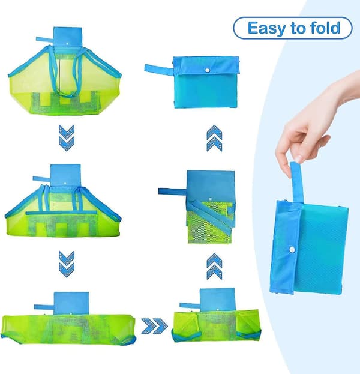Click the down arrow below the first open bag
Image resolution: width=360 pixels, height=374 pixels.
tap(67, 138)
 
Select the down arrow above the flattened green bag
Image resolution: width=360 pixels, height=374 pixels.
tap(67, 264)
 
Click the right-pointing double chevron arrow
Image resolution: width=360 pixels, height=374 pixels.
tap(154, 326)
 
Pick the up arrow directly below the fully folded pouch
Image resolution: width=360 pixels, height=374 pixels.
tap(214, 138)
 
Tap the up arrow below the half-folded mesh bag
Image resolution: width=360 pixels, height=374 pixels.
tap(214, 266)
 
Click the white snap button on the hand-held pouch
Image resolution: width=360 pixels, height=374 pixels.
tap(292, 250)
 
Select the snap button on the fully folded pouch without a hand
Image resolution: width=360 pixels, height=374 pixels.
tap(208, 70)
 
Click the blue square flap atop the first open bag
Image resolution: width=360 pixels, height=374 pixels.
tap(68, 37)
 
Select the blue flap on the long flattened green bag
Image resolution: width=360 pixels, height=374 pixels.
tap(71, 303)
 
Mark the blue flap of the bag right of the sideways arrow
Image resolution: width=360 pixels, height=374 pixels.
tap(217, 300)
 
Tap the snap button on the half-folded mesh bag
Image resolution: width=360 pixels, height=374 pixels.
tap(211, 199)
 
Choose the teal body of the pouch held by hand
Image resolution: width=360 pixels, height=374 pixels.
tap(321, 249)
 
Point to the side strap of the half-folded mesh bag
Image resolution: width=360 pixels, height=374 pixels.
tap(172, 192)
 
